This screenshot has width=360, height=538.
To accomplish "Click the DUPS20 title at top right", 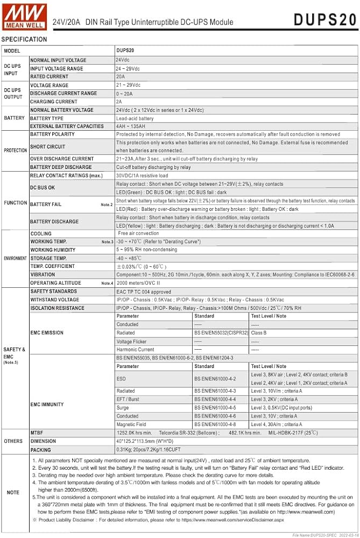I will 325,20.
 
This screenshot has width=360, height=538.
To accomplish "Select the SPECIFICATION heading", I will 24,39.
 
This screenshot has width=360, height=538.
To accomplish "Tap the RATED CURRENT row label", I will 50,76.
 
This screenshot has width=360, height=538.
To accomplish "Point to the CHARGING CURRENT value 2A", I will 119,102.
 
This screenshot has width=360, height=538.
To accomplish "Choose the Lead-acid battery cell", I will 135,118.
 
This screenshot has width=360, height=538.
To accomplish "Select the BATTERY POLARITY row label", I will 52,134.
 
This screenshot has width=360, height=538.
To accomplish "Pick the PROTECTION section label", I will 15,151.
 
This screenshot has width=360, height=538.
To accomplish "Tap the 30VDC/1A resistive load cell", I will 142,175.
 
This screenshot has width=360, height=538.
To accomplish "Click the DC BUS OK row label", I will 43,188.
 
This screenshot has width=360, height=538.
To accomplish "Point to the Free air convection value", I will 138,233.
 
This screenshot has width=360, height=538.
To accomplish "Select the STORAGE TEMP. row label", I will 48,258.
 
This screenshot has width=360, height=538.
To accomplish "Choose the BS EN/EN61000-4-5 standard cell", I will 215,408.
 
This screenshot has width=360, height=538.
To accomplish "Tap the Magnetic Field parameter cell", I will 132,424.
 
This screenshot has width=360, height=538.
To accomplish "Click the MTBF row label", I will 38,433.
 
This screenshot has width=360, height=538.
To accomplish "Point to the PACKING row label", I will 41,450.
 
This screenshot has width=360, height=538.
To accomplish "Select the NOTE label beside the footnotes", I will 13,492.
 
